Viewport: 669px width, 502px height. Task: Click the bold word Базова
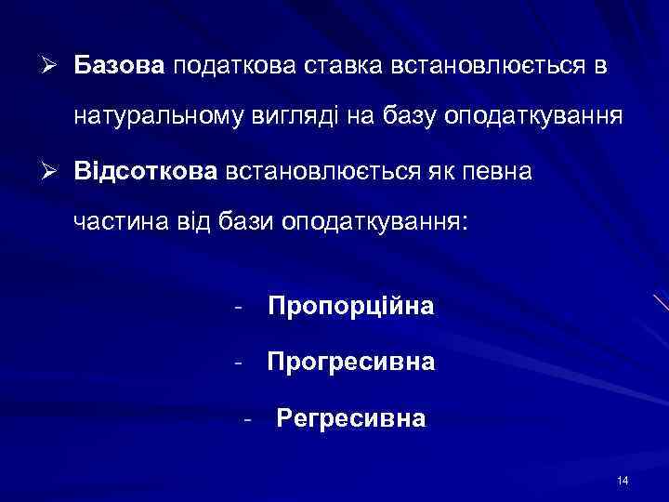119,66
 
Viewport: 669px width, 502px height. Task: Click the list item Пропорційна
350,306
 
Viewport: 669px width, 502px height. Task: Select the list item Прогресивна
350,361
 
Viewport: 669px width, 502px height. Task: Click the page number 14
622,480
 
